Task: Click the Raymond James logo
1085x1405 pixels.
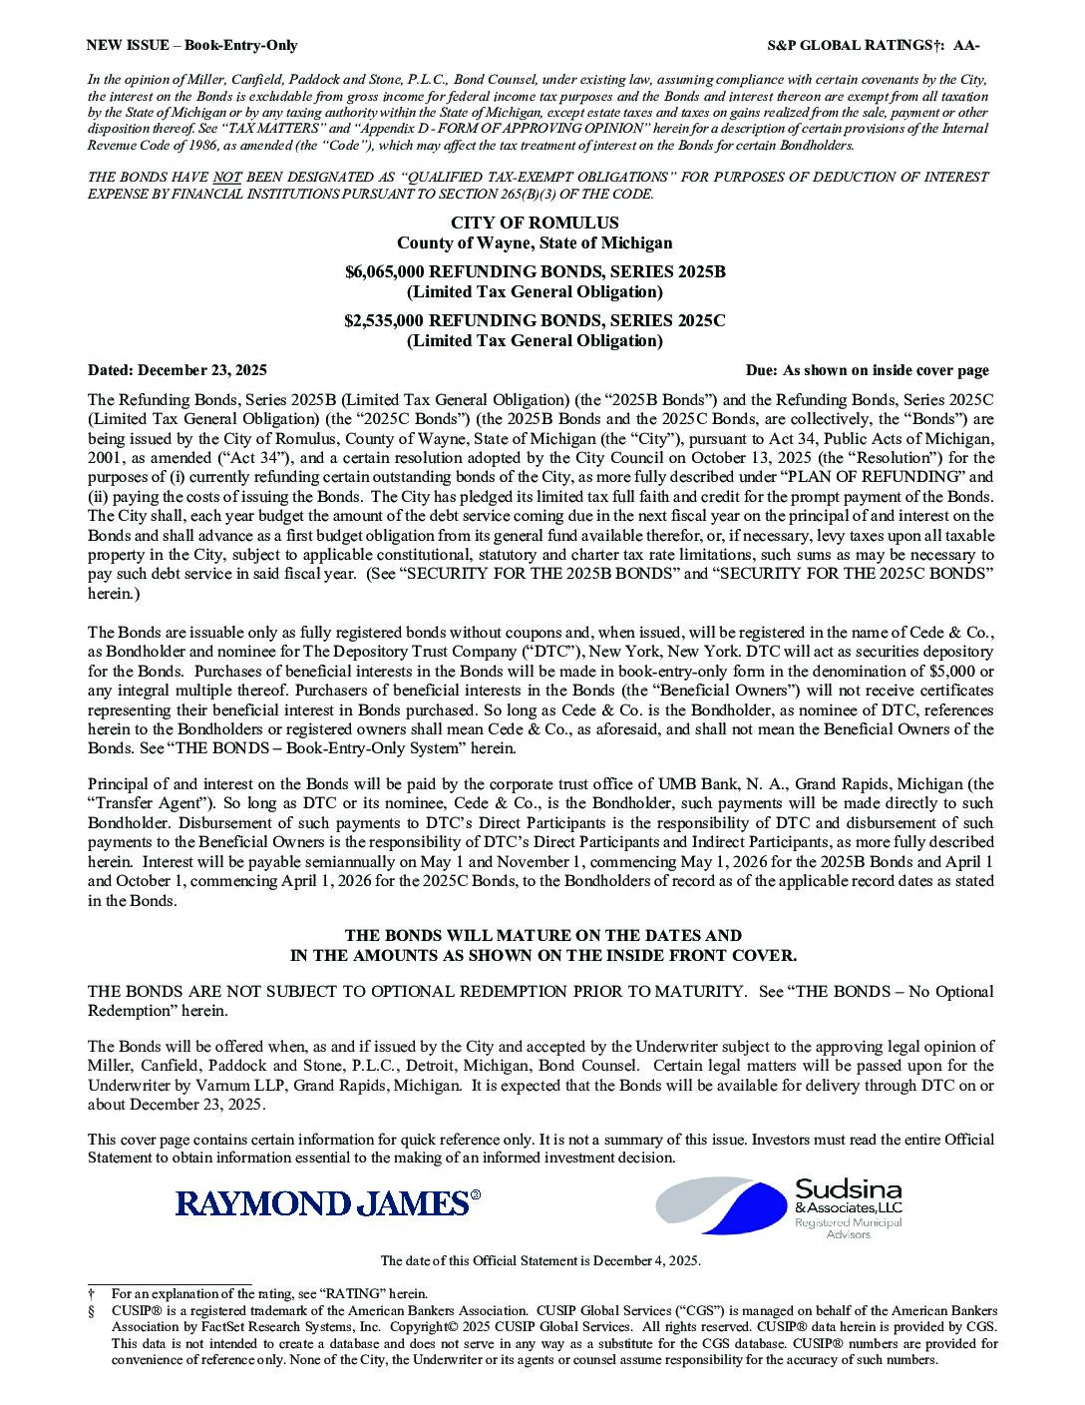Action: point(327,1202)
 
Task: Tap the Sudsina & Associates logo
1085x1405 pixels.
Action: point(779,1206)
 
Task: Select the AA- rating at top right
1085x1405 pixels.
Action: point(966,45)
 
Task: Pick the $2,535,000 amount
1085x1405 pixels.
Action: point(384,321)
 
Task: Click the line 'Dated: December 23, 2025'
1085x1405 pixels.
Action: point(178,370)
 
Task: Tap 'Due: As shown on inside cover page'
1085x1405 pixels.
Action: point(867,370)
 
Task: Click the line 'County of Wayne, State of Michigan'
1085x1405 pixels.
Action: point(535,242)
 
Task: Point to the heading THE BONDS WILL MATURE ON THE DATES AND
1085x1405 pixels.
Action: point(542,936)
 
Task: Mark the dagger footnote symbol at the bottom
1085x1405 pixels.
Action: point(91,1294)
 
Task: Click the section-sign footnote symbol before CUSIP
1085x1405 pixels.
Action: point(91,1311)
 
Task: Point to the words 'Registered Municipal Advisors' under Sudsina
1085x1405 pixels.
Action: point(849,1227)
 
